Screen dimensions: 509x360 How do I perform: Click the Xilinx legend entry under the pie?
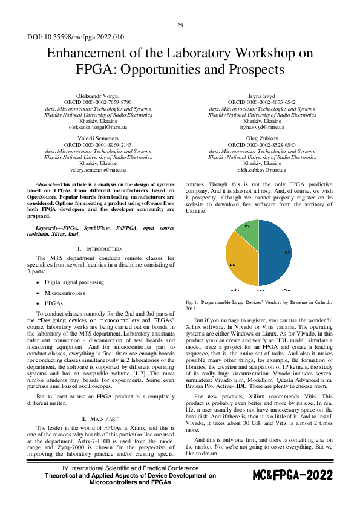coord(237,290)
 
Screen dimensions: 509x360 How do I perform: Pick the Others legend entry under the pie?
coord(287,290)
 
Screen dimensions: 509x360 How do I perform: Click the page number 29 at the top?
coord(180,25)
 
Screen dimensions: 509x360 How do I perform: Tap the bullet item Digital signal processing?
coord(74,282)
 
